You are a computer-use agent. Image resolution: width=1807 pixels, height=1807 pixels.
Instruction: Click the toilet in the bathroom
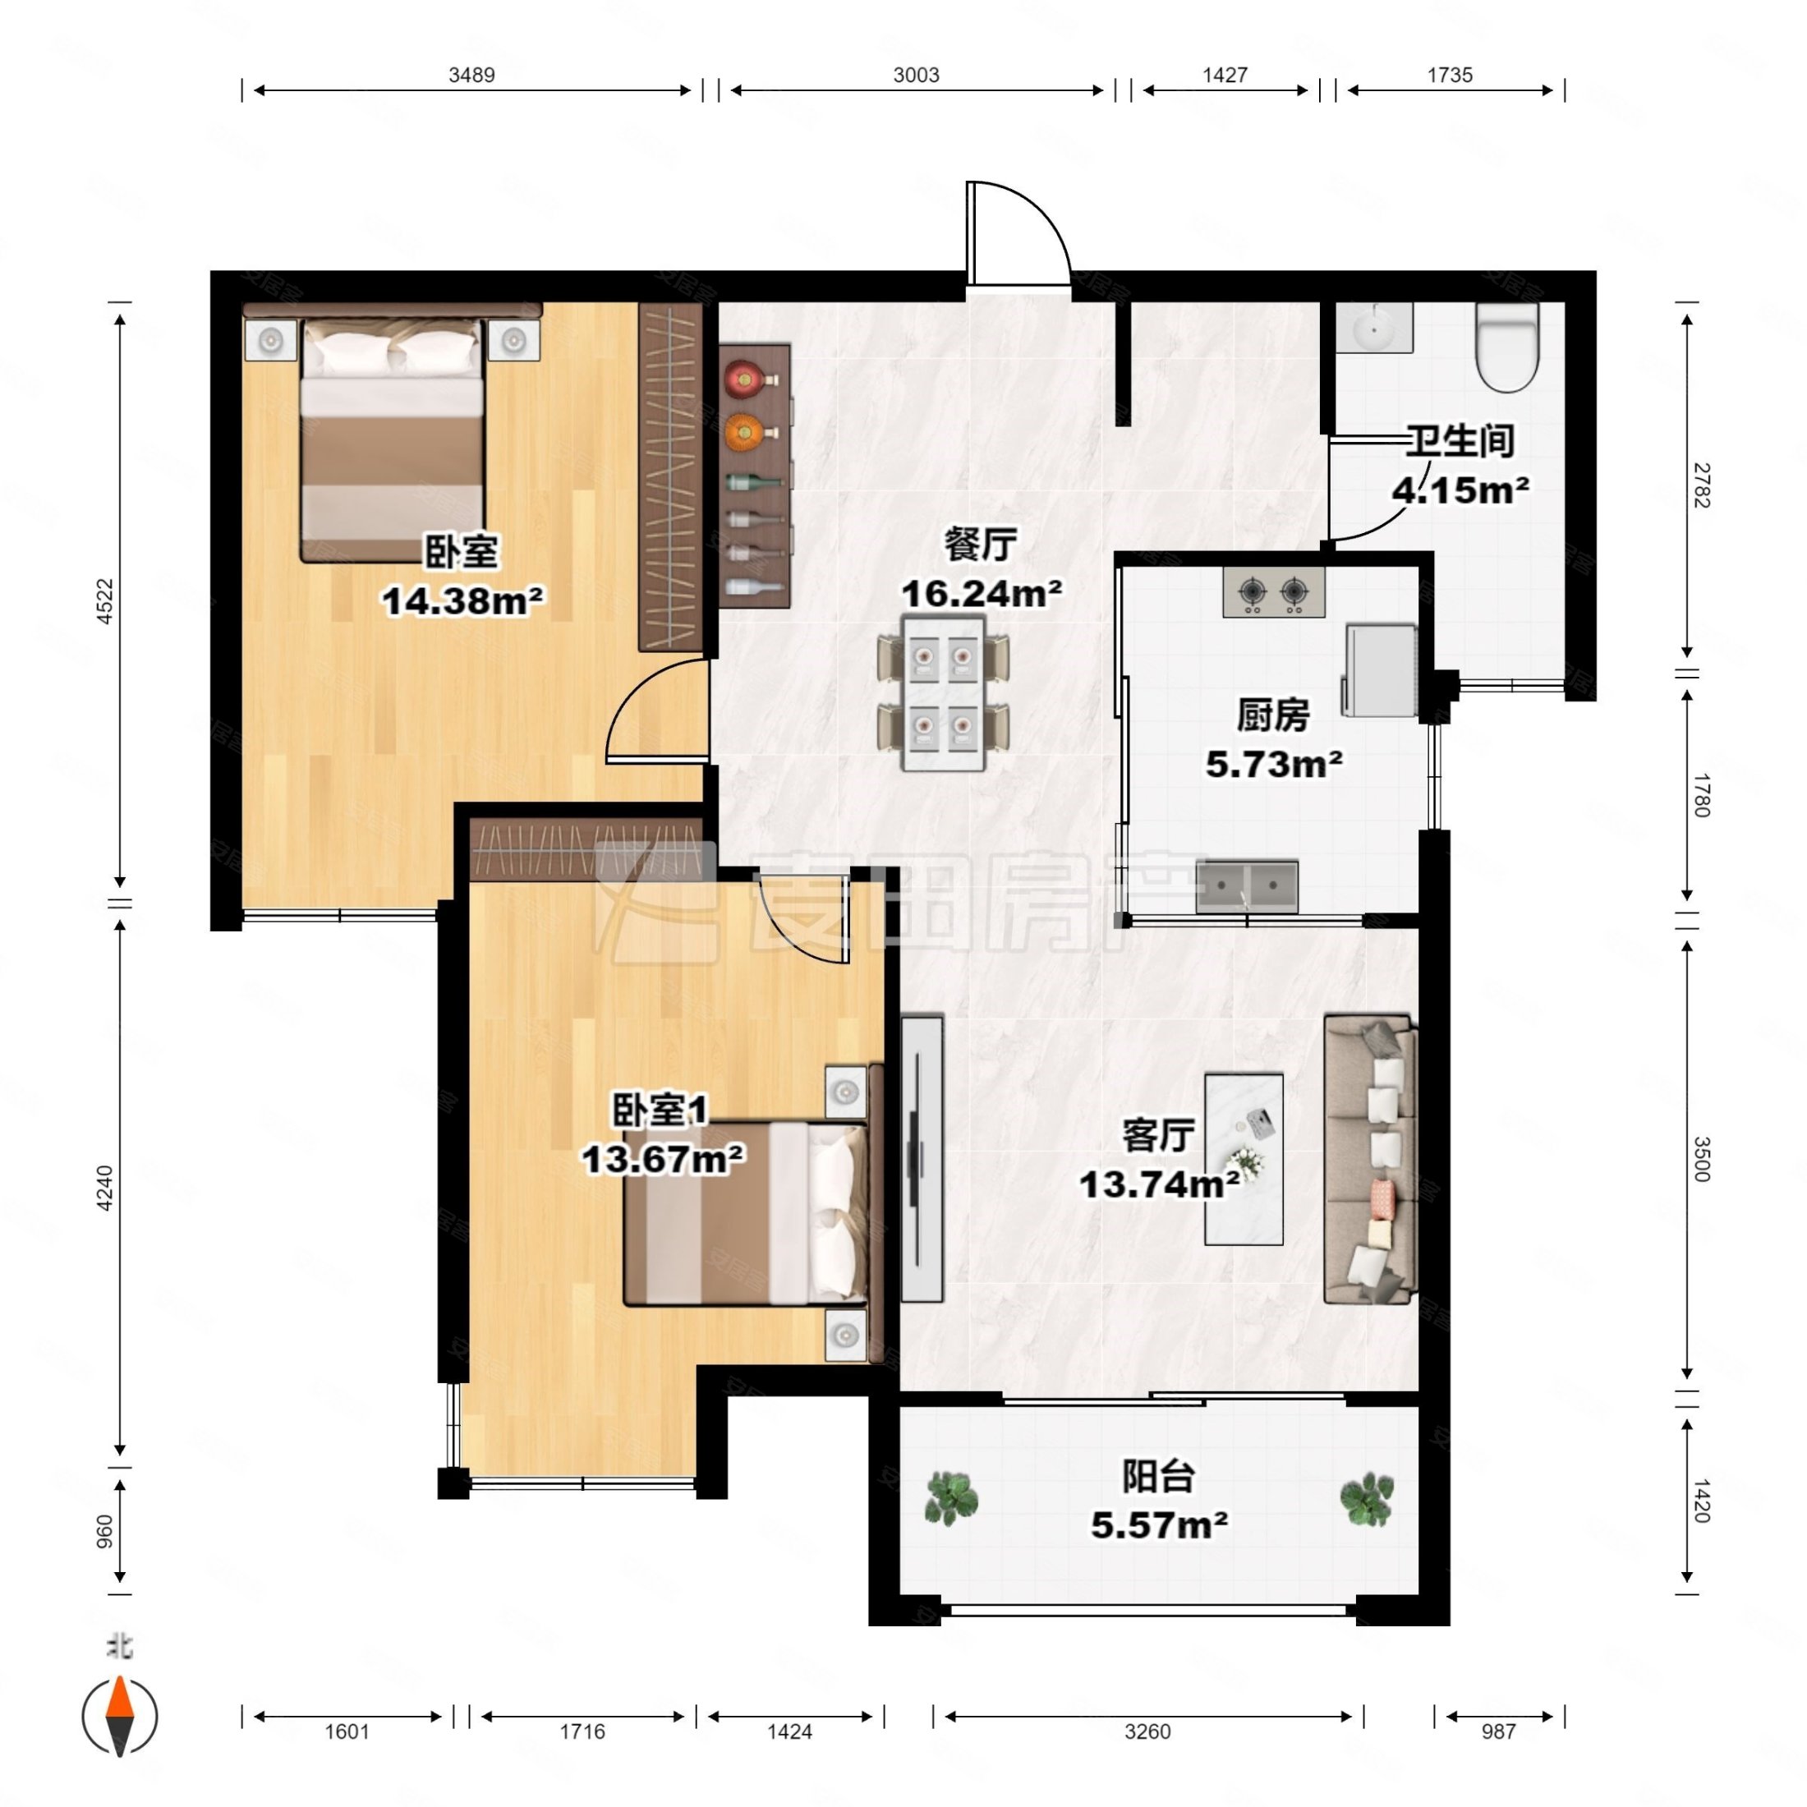point(1506,346)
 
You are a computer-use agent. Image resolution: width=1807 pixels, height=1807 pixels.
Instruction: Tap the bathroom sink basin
point(1373,328)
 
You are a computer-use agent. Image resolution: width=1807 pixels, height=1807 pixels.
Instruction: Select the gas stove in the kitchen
point(1274,592)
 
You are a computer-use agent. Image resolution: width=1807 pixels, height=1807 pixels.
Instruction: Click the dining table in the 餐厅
point(944,692)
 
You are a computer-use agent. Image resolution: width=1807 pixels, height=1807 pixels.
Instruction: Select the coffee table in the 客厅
point(1243,1159)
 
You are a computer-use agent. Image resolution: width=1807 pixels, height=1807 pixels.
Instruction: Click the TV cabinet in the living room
point(922,1159)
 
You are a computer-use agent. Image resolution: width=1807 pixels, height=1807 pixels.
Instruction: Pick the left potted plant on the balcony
point(951,1497)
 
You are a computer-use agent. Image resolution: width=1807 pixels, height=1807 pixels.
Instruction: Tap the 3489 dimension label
point(471,75)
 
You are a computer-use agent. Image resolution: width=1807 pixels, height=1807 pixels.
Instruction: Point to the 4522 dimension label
point(105,601)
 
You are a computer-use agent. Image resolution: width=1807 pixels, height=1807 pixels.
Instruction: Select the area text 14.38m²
point(463,600)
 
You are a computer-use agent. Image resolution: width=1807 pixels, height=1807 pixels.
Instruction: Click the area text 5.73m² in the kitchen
point(1274,764)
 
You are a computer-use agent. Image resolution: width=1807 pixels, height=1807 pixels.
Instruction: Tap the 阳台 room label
point(1159,1477)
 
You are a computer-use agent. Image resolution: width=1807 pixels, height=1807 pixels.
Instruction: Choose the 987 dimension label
point(1497,1731)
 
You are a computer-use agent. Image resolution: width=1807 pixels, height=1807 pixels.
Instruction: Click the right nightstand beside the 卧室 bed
point(513,340)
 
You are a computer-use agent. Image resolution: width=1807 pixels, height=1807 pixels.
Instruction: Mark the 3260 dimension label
point(1147,1731)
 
